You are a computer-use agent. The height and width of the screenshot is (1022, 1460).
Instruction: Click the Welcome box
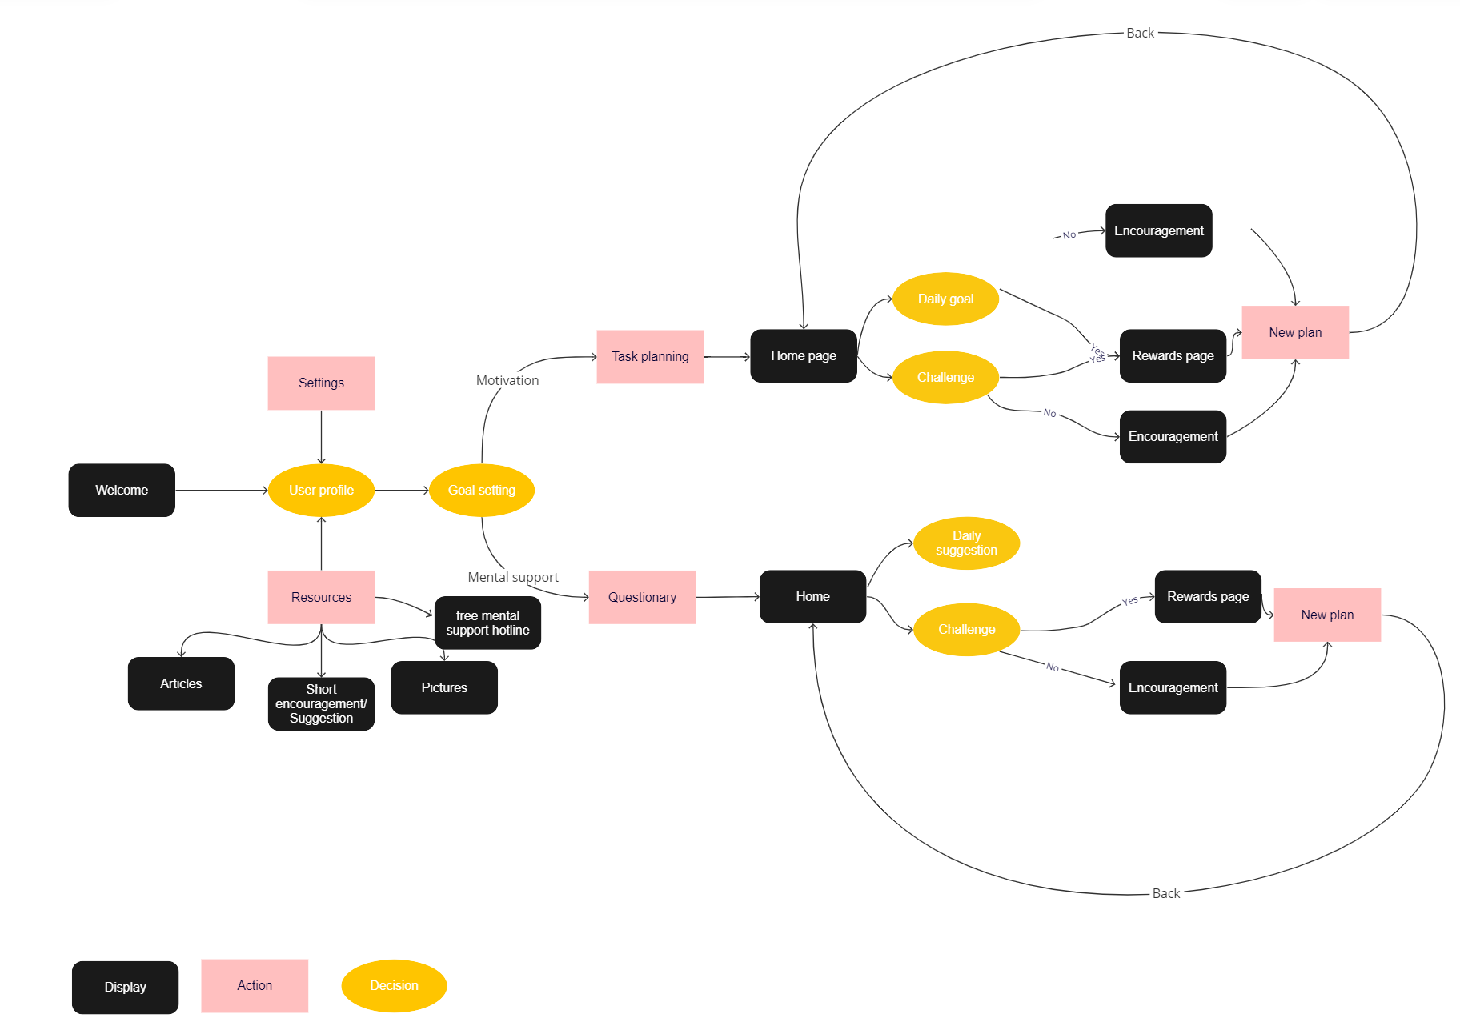click(x=122, y=490)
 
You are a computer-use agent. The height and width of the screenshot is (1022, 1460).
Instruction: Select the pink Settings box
click(x=321, y=383)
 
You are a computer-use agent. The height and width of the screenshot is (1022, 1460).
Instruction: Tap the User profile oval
click(x=321, y=490)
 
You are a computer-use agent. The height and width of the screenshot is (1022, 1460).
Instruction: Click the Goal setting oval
click(x=482, y=490)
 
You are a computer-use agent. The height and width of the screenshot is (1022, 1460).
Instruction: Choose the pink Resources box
click(x=321, y=597)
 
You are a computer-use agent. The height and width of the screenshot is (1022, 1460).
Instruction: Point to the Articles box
click(x=181, y=683)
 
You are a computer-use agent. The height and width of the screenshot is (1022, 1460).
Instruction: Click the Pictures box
click(x=444, y=687)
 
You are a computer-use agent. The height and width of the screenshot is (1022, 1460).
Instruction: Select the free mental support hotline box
click(x=487, y=623)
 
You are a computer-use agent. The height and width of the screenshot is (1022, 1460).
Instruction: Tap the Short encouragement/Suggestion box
click(x=321, y=703)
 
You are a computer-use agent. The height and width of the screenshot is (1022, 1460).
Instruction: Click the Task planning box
click(x=650, y=356)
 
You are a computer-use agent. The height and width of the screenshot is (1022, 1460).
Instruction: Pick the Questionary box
click(x=642, y=597)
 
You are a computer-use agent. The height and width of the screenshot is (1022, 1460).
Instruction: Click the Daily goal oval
click(x=945, y=299)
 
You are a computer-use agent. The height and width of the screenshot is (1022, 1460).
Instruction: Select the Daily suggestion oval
click(x=966, y=543)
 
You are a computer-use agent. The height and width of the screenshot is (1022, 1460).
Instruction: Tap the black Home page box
click(x=804, y=355)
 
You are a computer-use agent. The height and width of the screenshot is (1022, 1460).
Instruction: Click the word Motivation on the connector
click(x=507, y=380)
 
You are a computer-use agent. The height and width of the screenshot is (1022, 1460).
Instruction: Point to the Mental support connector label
click(x=513, y=577)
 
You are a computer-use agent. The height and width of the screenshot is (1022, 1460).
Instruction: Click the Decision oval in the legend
click(x=394, y=985)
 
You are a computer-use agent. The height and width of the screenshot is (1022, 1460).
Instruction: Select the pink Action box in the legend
click(x=255, y=985)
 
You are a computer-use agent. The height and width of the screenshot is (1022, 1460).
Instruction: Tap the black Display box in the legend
click(x=125, y=987)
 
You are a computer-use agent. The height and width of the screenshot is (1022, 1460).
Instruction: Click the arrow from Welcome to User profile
click(x=221, y=490)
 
